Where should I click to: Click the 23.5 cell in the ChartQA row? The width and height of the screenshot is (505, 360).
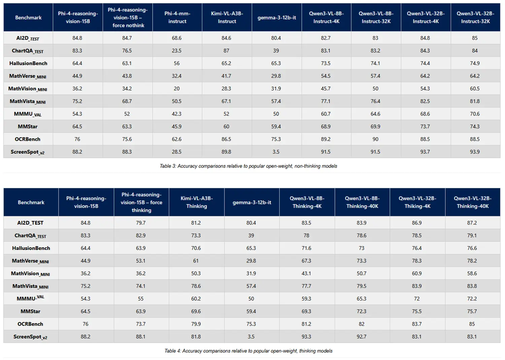point(176,51)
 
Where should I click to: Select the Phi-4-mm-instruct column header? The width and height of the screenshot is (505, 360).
point(177,17)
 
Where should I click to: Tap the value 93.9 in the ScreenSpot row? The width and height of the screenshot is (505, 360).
point(475,152)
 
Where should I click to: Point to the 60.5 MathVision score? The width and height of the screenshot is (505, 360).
point(475,89)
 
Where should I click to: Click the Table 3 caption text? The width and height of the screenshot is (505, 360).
point(248,166)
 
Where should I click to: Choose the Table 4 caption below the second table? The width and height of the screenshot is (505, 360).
point(248,351)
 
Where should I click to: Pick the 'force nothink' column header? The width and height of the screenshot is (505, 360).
point(128,18)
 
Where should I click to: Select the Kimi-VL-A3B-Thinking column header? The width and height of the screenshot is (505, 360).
point(197,202)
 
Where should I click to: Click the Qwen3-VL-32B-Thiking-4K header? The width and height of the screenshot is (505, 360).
point(417,202)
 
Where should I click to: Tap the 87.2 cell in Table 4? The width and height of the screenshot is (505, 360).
point(472,223)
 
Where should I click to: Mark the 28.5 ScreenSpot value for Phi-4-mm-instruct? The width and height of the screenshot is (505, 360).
point(176,152)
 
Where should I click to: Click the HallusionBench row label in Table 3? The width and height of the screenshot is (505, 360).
point(28,63)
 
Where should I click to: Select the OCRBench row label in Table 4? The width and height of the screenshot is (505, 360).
point(30,324)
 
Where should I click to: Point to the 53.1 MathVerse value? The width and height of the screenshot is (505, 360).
point(141,261)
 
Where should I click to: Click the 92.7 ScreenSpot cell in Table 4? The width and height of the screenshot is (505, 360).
point(362,336)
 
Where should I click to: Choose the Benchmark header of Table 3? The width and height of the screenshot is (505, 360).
point(28,18)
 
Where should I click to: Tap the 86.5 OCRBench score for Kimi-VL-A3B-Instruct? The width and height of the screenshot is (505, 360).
point(226,139)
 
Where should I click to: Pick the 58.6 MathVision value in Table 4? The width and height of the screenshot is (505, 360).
point(472,273)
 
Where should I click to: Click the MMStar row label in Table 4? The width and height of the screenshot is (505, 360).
point(30,311)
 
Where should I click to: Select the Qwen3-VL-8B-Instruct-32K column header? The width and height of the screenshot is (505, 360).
point(376,17)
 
